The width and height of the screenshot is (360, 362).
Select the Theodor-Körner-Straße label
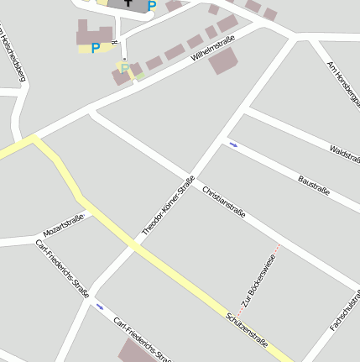point(169,206)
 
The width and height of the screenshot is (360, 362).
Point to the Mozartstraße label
point(64,225)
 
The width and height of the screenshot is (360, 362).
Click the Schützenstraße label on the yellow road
point(247,329)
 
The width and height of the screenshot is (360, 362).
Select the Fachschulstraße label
point(347,311)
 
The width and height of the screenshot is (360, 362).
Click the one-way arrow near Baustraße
point(233,144)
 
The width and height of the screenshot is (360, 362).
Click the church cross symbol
point(127,3)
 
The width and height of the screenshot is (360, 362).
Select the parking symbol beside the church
point(152,6)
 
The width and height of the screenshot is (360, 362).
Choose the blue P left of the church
point(95,48)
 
